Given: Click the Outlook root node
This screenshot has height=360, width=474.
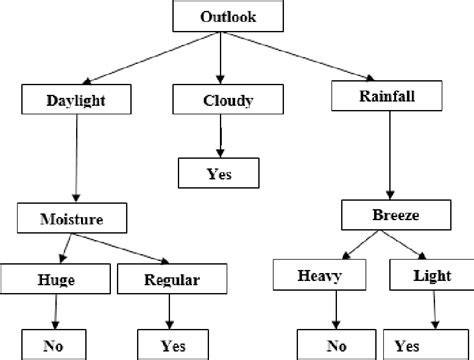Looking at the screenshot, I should [221, 17].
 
